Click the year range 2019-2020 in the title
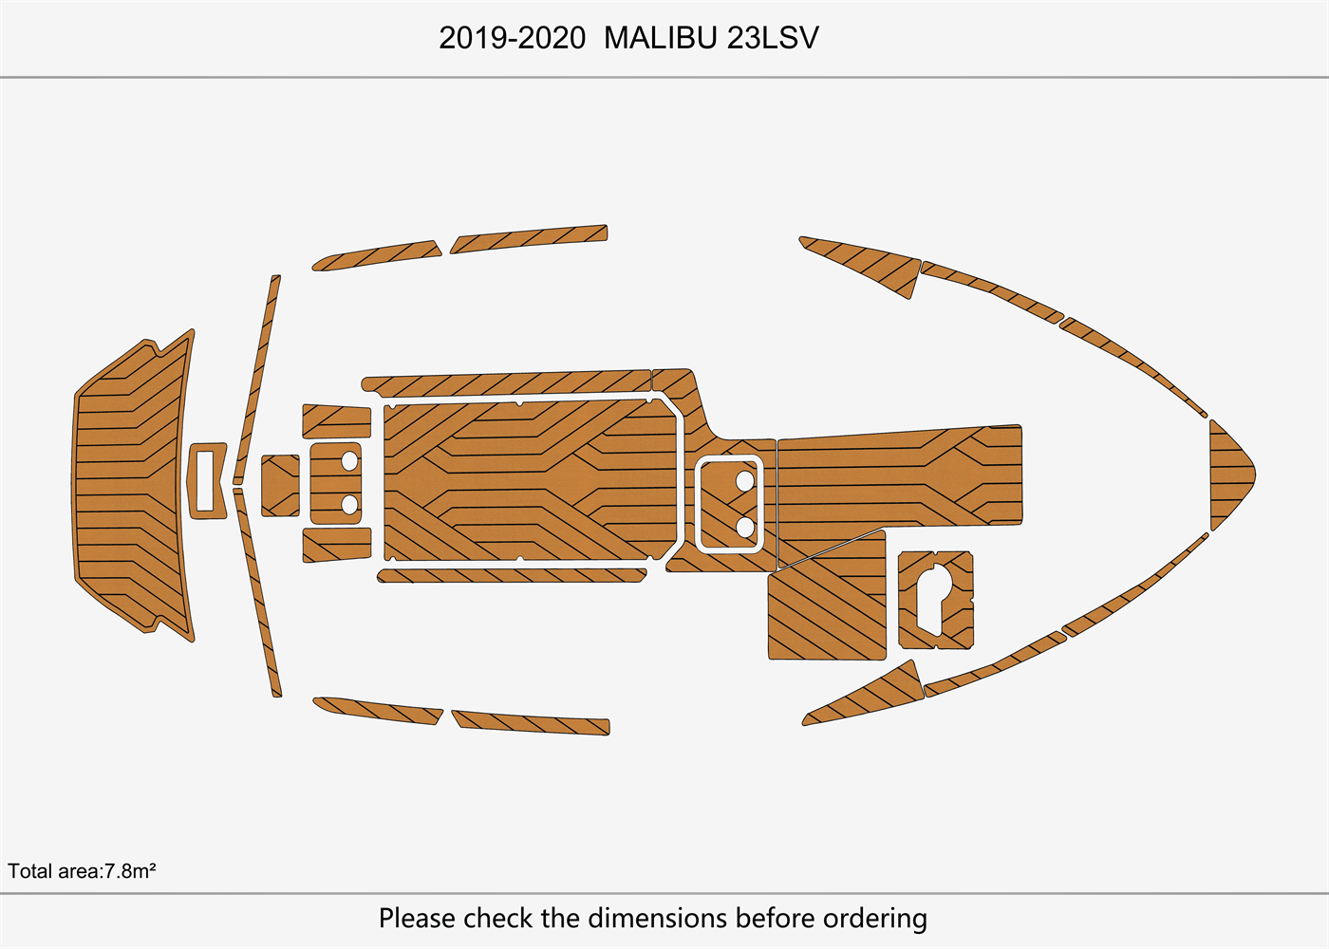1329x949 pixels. [512, 38]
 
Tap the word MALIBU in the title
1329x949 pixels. [661, 38]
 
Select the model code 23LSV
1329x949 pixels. [773, 38]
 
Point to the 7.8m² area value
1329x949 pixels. [130, 871]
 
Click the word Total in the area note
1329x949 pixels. [29, 871]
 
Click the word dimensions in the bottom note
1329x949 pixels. [659, 919]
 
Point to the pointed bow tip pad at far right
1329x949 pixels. [1229, 474]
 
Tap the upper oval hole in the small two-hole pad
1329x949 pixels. [349, 462]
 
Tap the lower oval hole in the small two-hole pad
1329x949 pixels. [349, 504]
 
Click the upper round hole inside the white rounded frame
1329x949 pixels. [745, 481]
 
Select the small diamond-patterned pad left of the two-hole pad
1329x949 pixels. [280, 486]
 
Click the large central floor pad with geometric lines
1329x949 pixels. [532, 480]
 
